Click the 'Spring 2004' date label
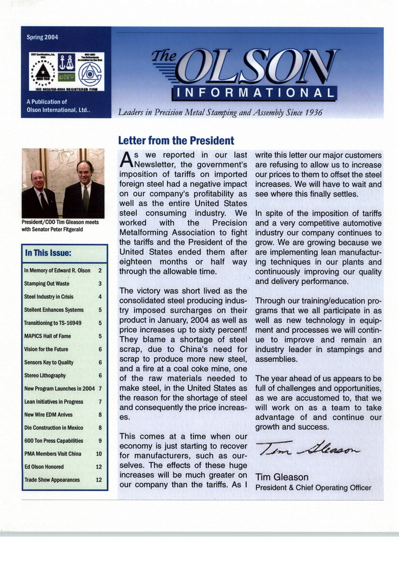(x=42, y=38)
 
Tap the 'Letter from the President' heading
(x=176, y=140)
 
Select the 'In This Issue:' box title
(x=47, y=254)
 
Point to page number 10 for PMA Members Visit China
(x=99, y=454)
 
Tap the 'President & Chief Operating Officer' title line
(x=313, y=488)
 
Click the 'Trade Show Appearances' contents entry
(x=52, y=480)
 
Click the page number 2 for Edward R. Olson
(x=100, y=271)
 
